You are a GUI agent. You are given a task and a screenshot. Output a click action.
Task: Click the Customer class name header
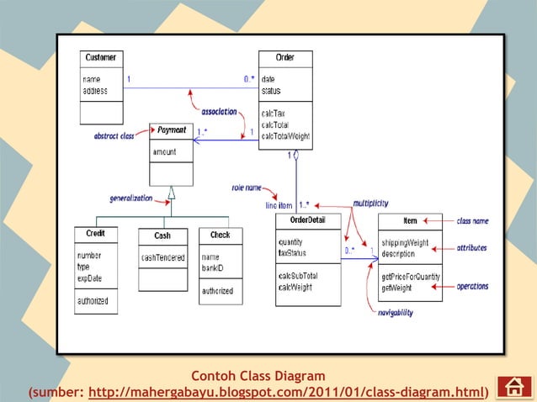[x=101, y=58]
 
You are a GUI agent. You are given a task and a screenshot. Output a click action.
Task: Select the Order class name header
[x=284, y=58]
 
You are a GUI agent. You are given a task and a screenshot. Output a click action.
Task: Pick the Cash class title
[x=162, y=236]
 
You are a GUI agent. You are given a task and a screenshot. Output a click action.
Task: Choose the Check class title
[x=221, y=235]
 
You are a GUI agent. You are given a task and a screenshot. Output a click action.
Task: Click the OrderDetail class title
[x=307, y=221]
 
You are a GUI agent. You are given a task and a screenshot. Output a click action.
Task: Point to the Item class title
[x=410, y=221]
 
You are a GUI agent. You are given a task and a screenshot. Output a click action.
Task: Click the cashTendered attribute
[x=162, y=258]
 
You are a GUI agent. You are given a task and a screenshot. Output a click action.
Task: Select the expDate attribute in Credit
[x=89, y=278]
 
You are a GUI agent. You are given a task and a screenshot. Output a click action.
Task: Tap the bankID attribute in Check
[x=214, y=267]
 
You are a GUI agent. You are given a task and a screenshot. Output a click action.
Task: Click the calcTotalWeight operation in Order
[x=285, y=135]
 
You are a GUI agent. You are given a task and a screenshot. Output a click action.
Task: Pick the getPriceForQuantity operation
[x=410, y=277]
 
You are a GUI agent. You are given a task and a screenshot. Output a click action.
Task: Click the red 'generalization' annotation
[x=130, y=198]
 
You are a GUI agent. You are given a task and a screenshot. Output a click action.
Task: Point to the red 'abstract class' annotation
[x=114, y=136]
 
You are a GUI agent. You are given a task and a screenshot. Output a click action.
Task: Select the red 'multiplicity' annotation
[x=370, y=203]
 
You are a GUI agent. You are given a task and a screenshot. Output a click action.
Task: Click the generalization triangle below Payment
[x=171, y=193]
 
